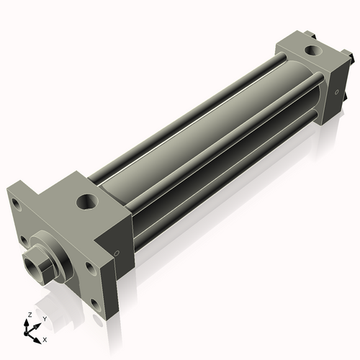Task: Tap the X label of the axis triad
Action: click(x=45, y=338)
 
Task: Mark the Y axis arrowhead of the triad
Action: click(x=38, y=323)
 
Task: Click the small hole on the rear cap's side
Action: click(x=335, y=92)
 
